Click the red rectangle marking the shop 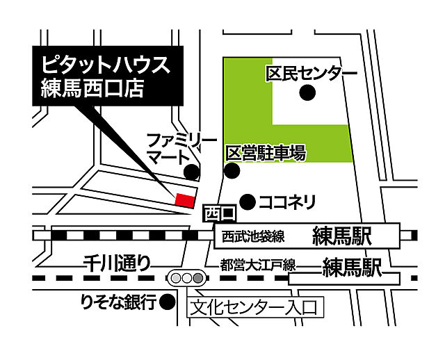click(184, 200)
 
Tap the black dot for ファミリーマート click(191, 171)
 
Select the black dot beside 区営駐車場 click(232, 171)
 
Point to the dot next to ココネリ click(245, 201)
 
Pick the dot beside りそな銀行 click(166, 302)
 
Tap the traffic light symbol click(186, 278)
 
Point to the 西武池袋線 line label click(253, 237)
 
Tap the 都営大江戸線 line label click(258, 265)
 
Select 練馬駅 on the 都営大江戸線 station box click(354, 268)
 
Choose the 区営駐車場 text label click(266, 153)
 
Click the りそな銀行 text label click(117, 303)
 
